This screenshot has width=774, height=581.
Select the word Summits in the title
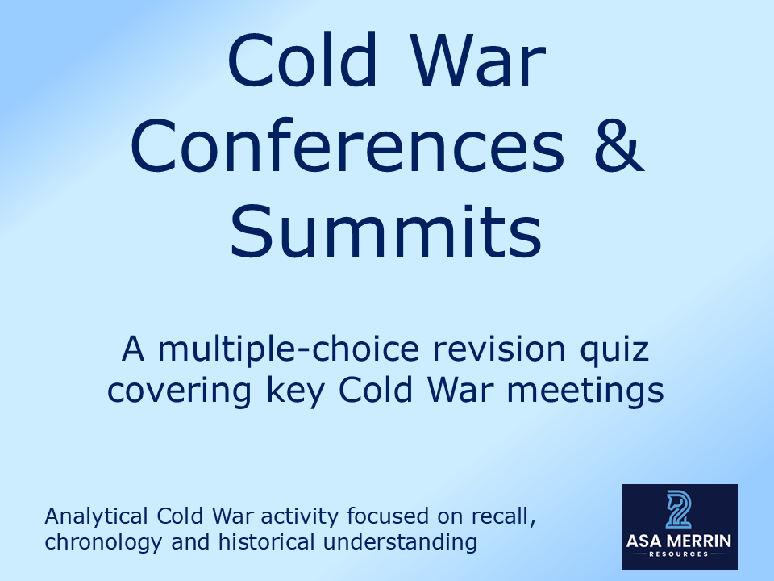click(386, 230)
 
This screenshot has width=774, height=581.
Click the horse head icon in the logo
click(679, 508)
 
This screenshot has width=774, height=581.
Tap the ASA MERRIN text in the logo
click(679, 540)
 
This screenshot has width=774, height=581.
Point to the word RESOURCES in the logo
click(679, 554)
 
